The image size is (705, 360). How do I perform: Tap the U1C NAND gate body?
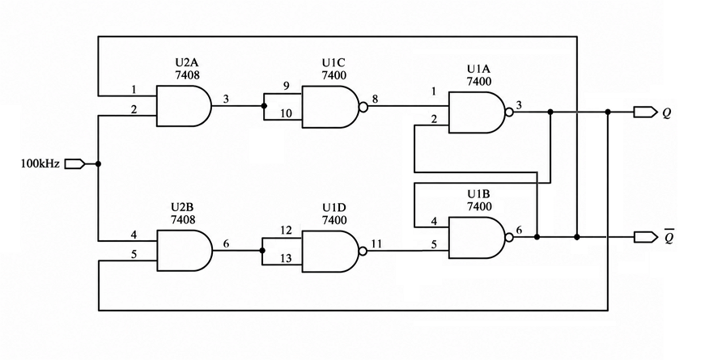point(330,107)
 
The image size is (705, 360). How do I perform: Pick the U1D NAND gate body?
point(330,252)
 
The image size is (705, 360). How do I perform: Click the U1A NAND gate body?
point(478,112)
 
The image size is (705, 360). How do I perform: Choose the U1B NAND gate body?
point(478,237)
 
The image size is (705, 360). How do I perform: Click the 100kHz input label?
point(40,163)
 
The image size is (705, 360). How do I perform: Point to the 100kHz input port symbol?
point(74,164)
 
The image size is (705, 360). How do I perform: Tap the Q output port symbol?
point(645,112)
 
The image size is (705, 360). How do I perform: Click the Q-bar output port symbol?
point(645,236)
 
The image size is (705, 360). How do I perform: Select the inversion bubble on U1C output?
point(363,107)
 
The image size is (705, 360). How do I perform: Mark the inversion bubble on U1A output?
point(510,112)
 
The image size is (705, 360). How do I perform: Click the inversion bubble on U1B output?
point(510,237)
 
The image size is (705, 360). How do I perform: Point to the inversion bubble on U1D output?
point(363,252)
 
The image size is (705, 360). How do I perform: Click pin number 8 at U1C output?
point(375,100)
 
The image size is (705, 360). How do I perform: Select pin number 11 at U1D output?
point(376,244)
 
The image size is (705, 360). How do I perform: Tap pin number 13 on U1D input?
point(286,258)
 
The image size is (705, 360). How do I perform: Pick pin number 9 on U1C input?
point(287,86)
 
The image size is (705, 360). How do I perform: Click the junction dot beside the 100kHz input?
point(99,164)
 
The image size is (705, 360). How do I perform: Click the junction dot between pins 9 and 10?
point(264,106)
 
